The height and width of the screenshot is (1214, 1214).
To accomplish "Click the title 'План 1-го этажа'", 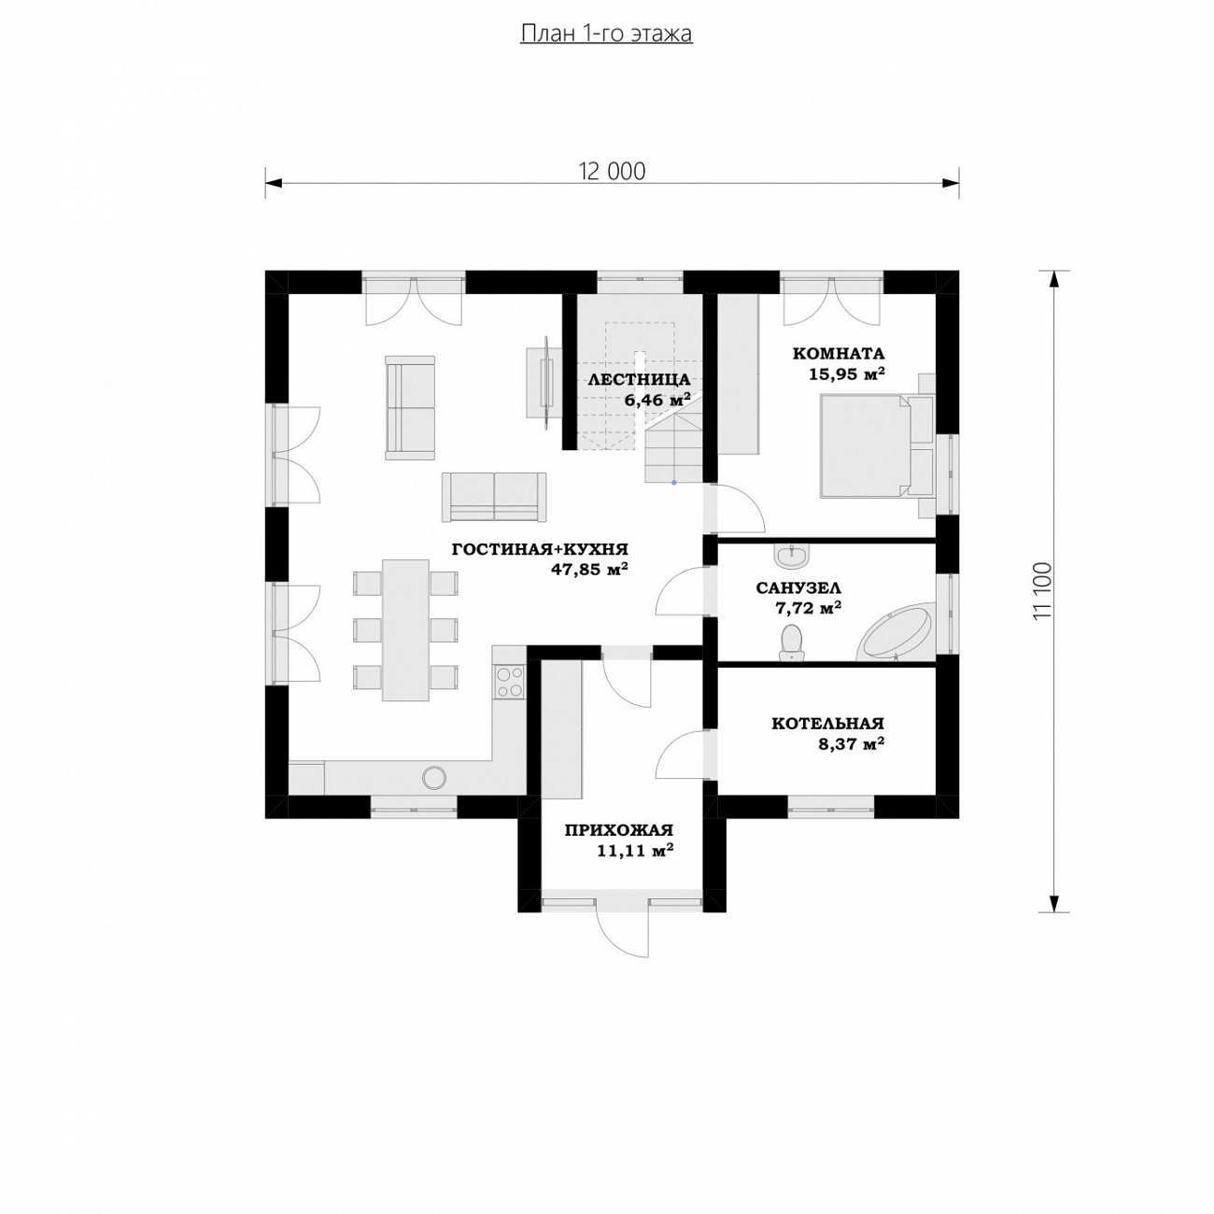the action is click(606, 34).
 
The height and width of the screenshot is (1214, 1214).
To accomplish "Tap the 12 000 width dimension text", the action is click(612, 171).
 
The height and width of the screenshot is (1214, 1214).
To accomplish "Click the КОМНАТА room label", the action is click(838, 353).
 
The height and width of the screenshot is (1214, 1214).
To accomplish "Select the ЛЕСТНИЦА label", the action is click(639, 380).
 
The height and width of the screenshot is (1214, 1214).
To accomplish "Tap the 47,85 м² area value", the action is click(589, 570).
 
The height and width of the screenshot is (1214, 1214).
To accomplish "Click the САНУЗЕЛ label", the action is click(798, 588).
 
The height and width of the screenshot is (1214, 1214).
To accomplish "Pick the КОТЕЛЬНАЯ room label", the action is click(827, 723).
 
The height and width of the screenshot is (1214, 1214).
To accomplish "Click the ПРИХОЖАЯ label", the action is click(618, 830).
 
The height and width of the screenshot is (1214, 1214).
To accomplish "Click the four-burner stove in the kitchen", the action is click(510, 682).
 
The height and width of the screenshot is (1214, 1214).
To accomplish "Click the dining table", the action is click(406, 629).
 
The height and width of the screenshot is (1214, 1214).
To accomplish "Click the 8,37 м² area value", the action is click(851, 744).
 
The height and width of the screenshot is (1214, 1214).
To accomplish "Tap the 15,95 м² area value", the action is click(847, 374).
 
